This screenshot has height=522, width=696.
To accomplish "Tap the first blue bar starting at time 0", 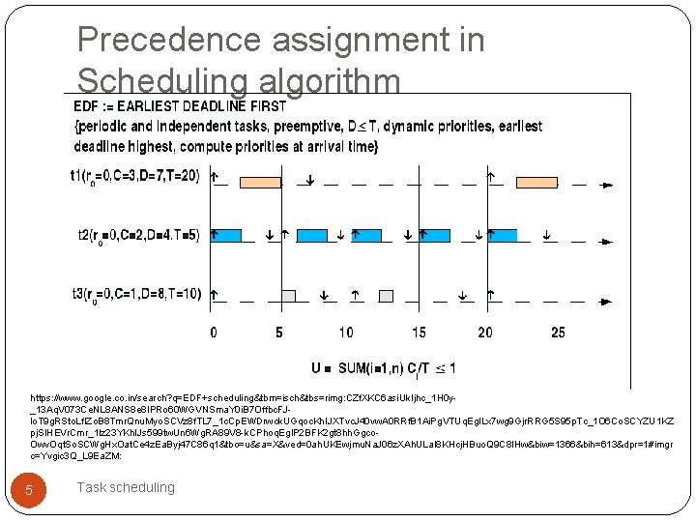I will [x=227, y=235].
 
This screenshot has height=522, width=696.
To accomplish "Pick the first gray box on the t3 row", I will [x=287, y=295].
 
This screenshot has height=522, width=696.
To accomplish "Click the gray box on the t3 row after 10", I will [x=387, y=295].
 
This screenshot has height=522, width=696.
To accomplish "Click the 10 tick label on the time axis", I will [x=346, y=333].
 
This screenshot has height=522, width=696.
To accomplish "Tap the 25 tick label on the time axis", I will [x=558, y=333].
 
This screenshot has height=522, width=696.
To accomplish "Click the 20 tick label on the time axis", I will [x=486, y=333].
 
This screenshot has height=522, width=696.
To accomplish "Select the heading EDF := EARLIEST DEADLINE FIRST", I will [x=181, y=106].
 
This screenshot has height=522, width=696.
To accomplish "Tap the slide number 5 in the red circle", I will [x=29, y=490].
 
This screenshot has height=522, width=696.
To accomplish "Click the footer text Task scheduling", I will [x=126, y=487].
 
